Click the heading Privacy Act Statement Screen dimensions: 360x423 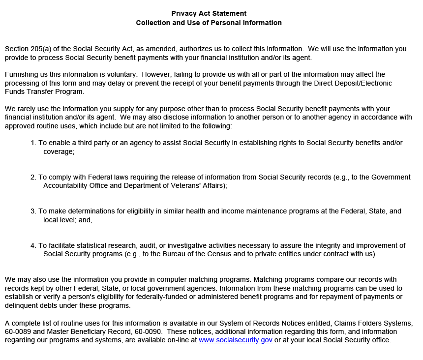pyautogui.click(x=209, y=13)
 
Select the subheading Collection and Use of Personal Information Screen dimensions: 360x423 pyautogui.click(x=209, y=23)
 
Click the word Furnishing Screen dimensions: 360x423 pyautogui.click(x=22, y=74)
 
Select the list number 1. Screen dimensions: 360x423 pyautogui.click(x=33, y=143)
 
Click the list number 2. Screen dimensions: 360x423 pyautogui.click(x=33, y=177)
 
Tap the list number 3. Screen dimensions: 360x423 pyautogui.click(x=33, y=211)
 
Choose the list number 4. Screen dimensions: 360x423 pyautogui.click(x=33, y=245)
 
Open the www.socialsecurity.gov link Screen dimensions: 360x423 pyautogui.click(x=236, y=340)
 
